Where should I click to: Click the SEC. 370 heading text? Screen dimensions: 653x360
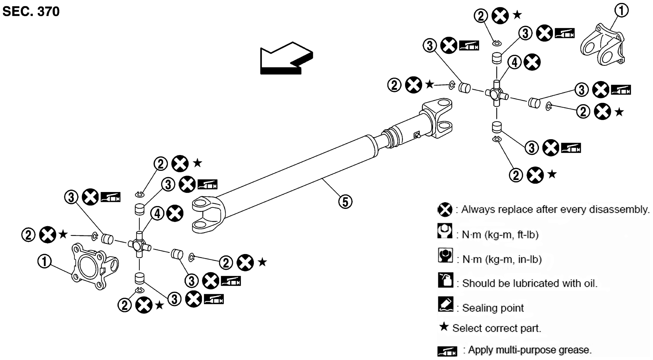pos(31,12)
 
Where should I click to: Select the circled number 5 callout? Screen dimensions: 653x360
pos(345,202)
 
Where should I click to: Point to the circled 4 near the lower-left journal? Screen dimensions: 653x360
pos(157,214)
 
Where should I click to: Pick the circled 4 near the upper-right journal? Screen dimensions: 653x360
pos(514,62)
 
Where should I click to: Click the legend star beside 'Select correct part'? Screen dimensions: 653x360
pos(444,327)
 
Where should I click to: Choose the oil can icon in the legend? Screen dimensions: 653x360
pos(445,280)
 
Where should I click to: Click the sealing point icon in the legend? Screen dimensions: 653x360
pos(445,304)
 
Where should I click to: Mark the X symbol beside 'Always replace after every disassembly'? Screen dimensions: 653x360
pos(445,209)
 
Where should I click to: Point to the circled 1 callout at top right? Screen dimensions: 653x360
pos(621,10)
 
